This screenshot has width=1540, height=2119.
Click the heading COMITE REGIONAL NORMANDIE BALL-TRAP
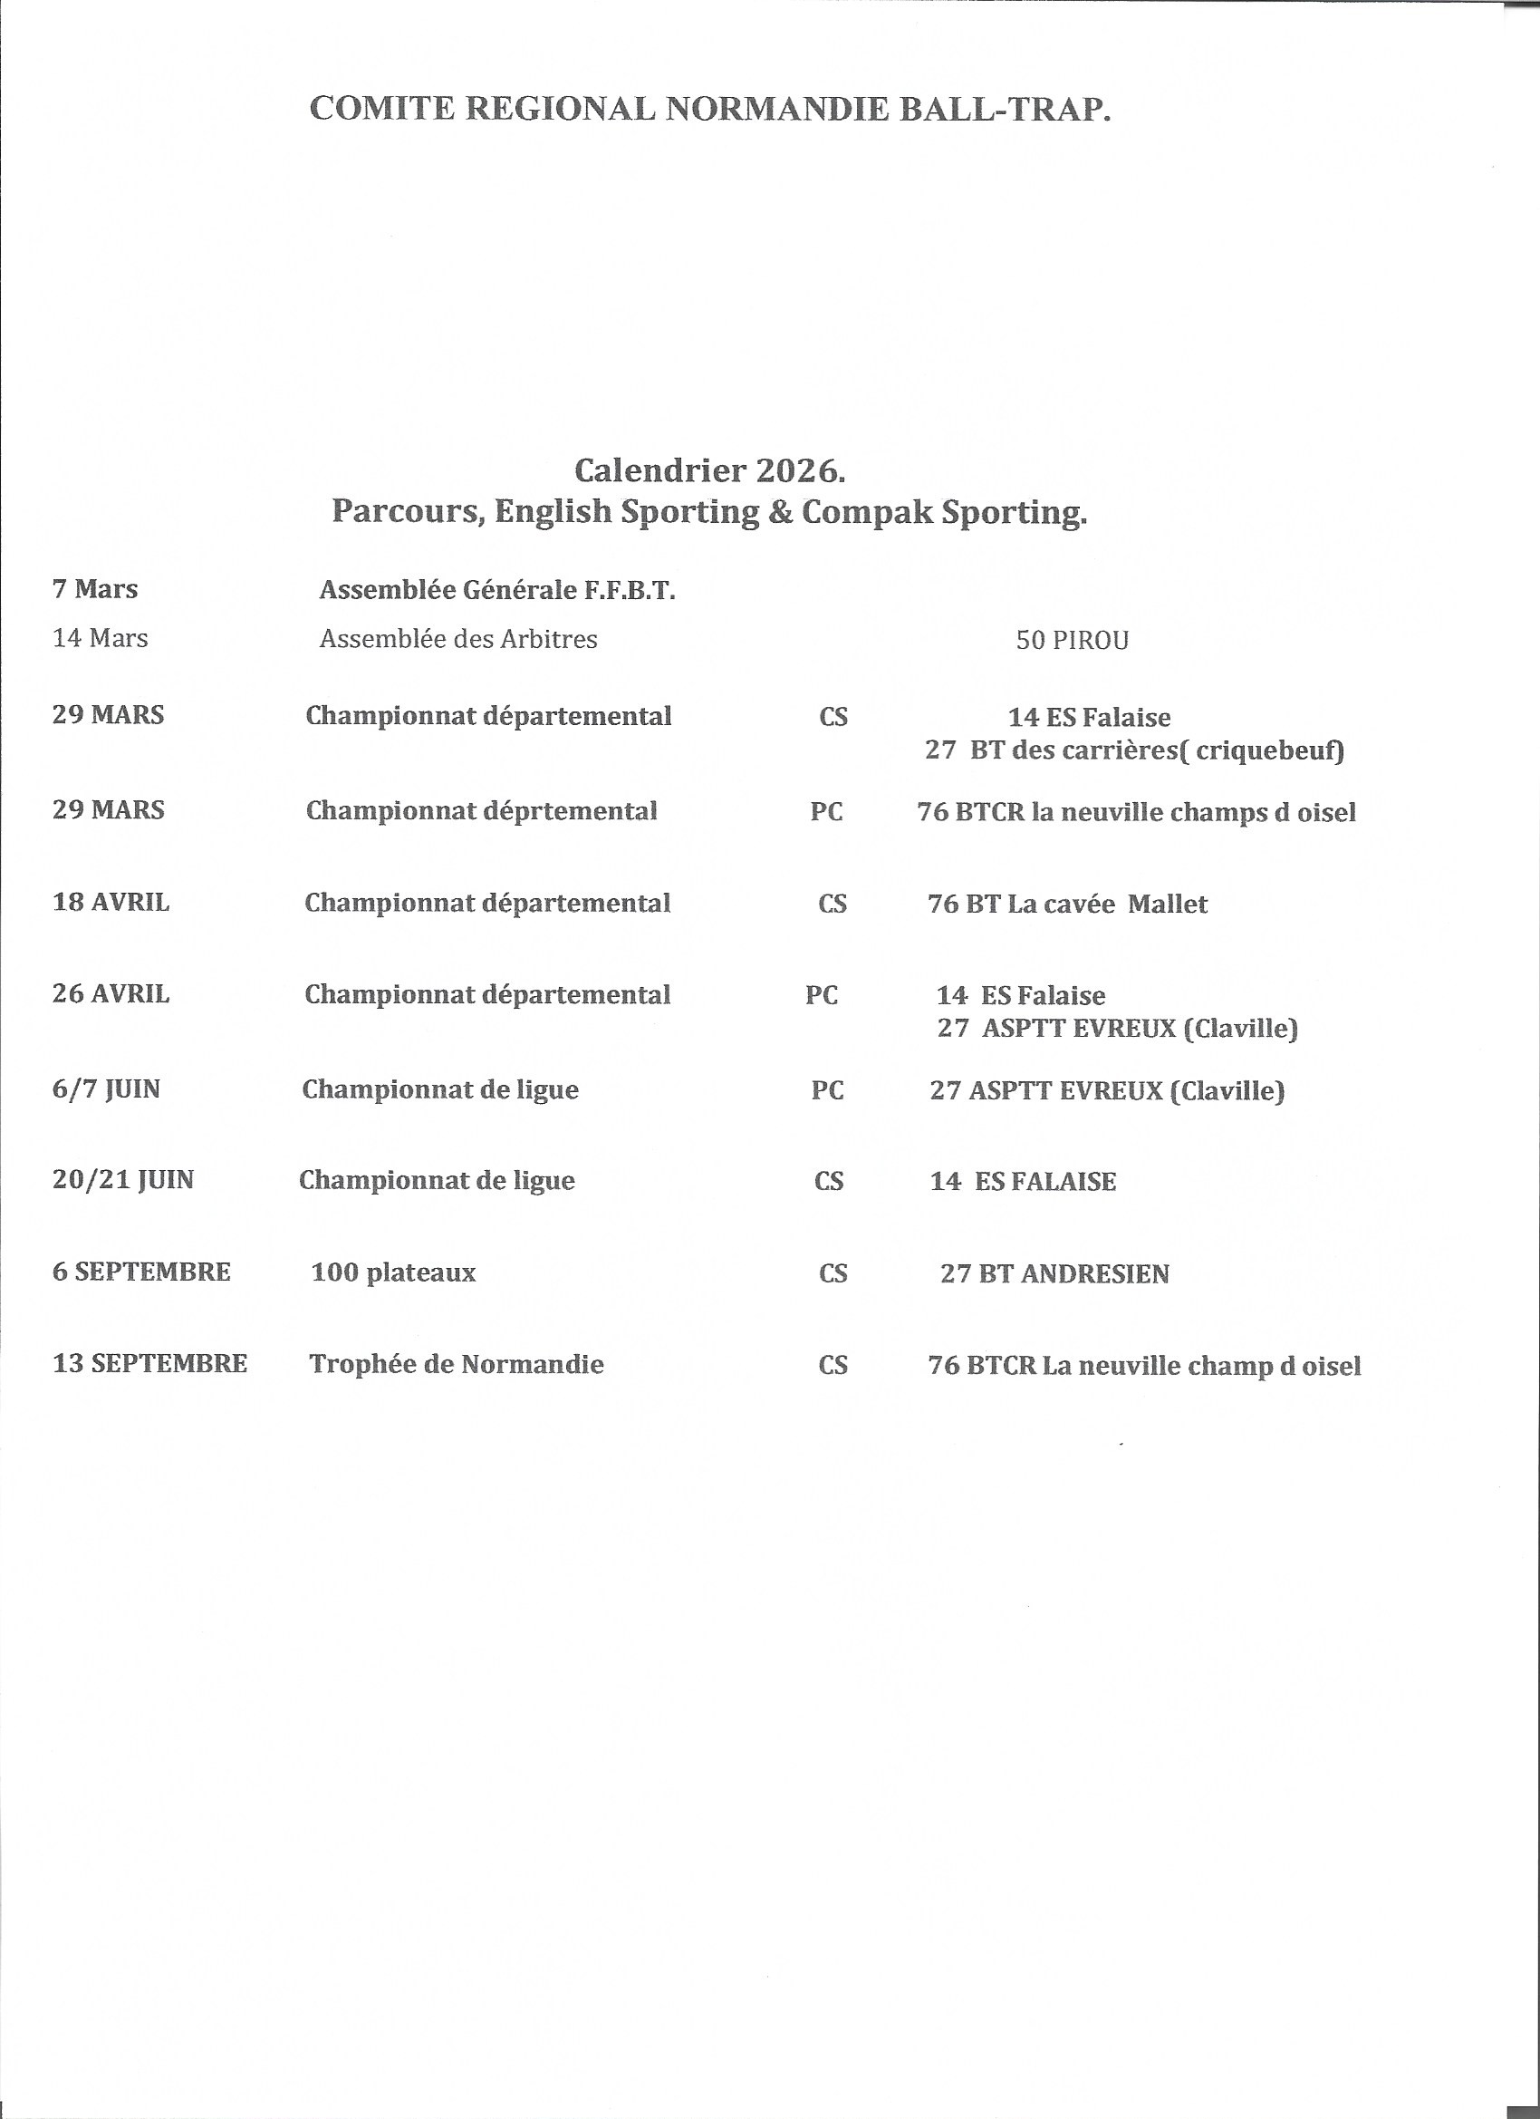pyautogui.click(x=710, y=110)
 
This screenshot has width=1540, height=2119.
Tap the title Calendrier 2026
pyautogui.click(x=710, y=470)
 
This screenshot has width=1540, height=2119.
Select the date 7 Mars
pyautogui.click(x=95, y=589)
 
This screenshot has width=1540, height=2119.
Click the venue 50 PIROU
pyautogui.click(x=1073, y=641)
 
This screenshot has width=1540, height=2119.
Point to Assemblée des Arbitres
pyautogui.click(x=458, y=639)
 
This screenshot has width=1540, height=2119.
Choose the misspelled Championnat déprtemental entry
pyautogui.click(x=481, y=811)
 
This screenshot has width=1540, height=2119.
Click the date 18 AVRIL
pyautogui.click(x=111, y=903)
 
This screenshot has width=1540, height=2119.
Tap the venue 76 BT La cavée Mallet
pyautogui.click(x=1067, y=905)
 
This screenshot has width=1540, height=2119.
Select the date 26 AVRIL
pyautogui.click(x=111, y=994)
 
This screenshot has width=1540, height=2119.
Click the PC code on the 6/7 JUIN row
pyautogui.click(x=827, y=1090)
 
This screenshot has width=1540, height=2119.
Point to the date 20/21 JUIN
pyautogui.click(x=123, y=1180)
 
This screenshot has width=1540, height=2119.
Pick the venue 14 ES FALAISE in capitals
pyautogui.click(x=1023, y=1182)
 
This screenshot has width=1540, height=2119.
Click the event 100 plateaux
pyautogui.click(x=393, y=1272)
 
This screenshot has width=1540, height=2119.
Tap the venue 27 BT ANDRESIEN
pyautogui.click(x=1054, y=1274)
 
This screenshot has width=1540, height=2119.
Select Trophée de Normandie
pyautogui.click(x=457, y=1365)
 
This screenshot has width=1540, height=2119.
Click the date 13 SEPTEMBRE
pyautogui.click(x=150, y=1364)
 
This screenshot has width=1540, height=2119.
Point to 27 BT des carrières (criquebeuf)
pyautogui.click(x=1135, y=750)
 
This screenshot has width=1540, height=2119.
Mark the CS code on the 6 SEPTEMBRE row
pyautogui.click(x=833, y=1274)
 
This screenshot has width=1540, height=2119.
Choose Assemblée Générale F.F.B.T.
pyautogui.click(x=496, y=591)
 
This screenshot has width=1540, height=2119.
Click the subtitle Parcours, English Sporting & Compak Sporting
pyautogui.click(x=710, y=512)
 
